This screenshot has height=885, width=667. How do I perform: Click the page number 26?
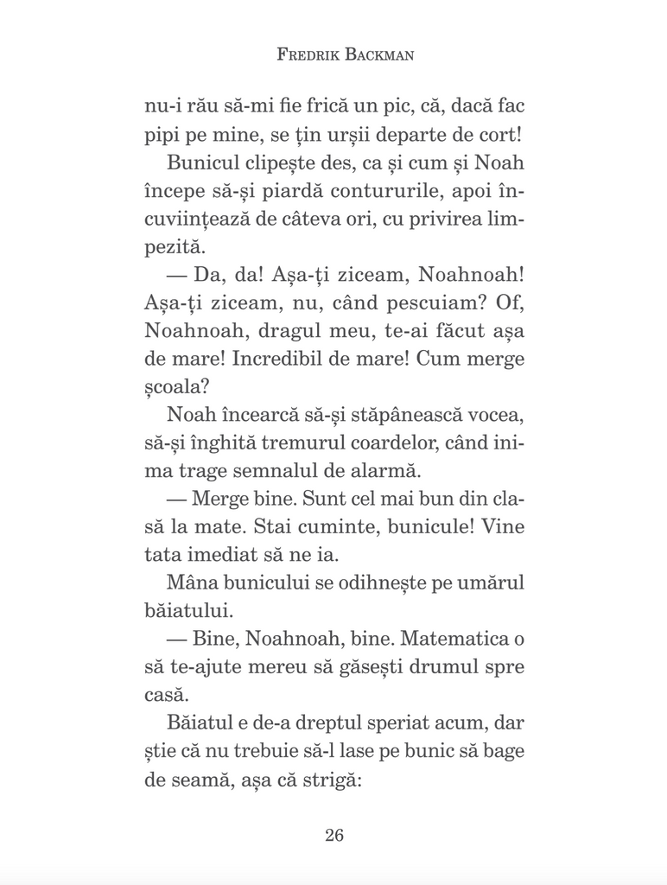tap(334, 835)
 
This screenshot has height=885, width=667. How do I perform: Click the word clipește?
tap(278, 165)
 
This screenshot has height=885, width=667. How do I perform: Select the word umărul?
tap(489, 583)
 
